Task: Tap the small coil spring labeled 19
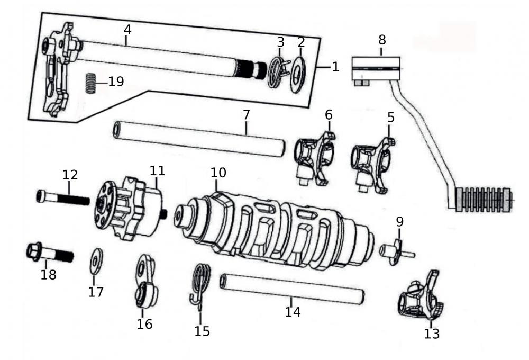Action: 91,83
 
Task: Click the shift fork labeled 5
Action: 373,161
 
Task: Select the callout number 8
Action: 382,40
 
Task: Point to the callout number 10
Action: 218,173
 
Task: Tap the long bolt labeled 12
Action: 63,200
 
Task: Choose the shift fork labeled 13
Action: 422,300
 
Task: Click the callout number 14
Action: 293,312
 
